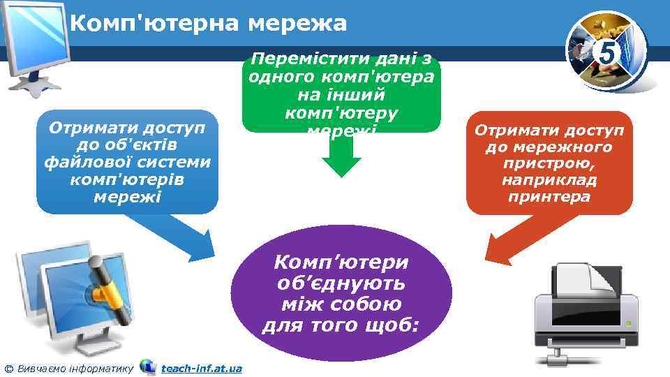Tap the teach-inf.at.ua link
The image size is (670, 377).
click(201, 368)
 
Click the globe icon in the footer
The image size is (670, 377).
click(147, 367)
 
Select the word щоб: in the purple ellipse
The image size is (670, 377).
click(392, 325)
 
